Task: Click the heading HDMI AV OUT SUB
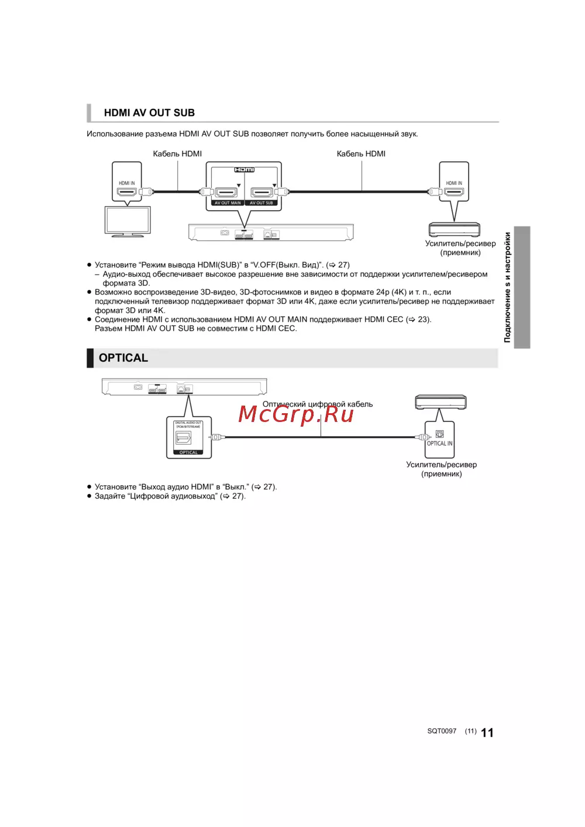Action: [x=149, y=113]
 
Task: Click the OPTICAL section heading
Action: [x=123, y=358]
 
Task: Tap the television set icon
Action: [x=128, y=221]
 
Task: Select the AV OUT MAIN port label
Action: [x=228, y=203]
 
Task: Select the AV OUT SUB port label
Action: [x=261, y=203]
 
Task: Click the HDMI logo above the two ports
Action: [x=245, y=170]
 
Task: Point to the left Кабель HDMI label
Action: [x=177, y=154]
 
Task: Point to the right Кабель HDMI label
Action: [x=361, y=154]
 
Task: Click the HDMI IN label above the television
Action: [x=127, y=183]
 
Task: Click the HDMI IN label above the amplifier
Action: [x=454, y=183]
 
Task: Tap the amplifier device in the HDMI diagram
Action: [x=454, y=229]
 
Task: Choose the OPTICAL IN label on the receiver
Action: [x=440, y=444]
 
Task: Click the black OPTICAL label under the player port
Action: [x=188, y=452]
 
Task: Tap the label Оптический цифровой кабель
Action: [x=318, y=404]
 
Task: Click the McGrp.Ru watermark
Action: [x=296, y=414]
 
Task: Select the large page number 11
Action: [x=487, y=733]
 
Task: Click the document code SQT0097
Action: [x=442, y=731]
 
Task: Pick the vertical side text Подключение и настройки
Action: [x=507, y=287]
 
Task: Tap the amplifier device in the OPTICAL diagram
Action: [x=441, y=402]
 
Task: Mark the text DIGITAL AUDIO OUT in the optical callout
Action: [x=188, y=423]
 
